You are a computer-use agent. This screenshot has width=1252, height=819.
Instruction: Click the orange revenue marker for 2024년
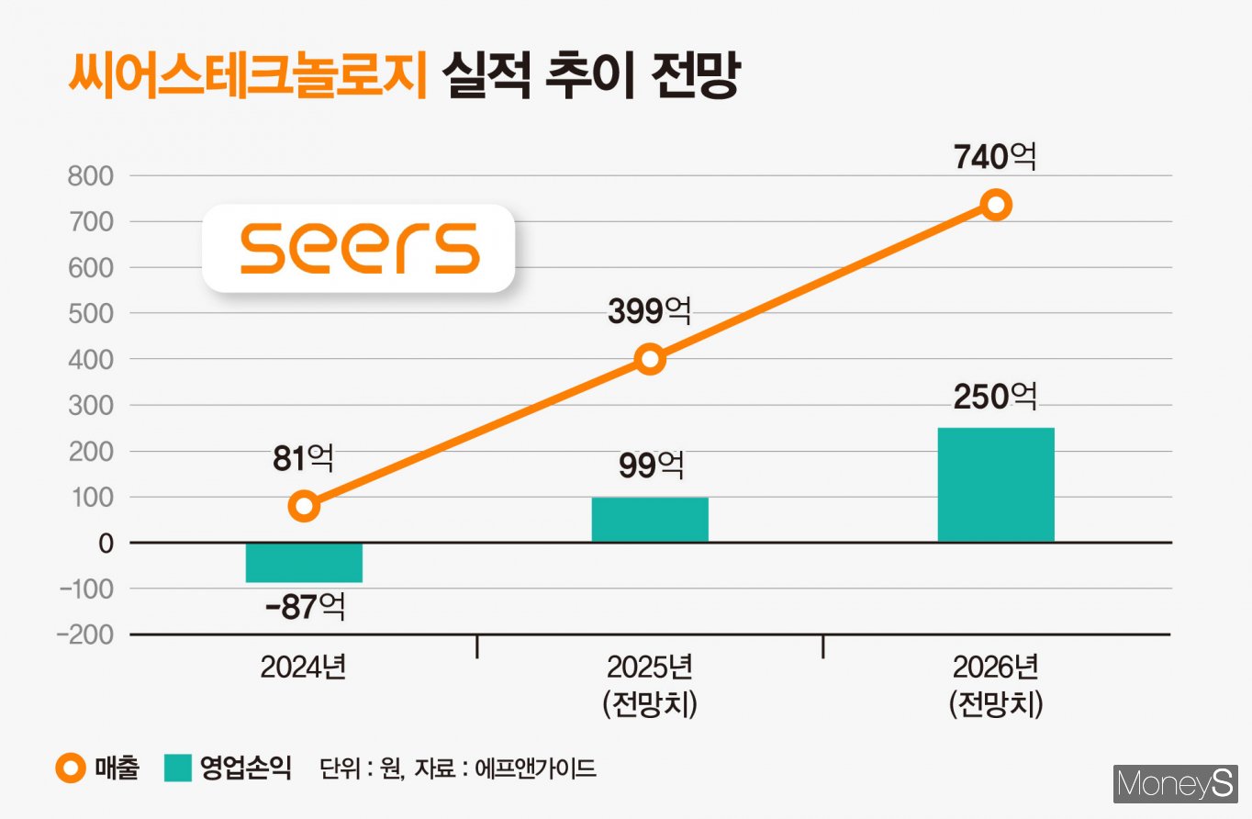pos(304,506)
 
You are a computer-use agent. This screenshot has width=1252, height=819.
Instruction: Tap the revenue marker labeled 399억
pos(650,359)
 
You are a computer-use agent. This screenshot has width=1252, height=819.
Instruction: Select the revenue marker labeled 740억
pos(996,204)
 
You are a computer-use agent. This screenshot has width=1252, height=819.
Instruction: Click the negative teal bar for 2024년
pos(304,562)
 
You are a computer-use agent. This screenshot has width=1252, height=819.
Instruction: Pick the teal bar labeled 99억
pos(650,520)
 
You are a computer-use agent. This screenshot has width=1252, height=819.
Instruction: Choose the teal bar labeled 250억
pos(996,485)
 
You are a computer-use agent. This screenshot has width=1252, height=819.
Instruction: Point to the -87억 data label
pos(305,608)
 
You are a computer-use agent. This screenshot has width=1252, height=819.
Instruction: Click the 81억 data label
pos(303,459)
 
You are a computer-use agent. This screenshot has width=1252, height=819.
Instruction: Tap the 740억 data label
pos(995,157)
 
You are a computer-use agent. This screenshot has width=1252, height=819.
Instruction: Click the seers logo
pos(359,248)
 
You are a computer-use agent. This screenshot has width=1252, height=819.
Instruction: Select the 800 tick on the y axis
pos(90,175)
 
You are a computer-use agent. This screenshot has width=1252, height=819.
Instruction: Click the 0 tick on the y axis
pos(106,543)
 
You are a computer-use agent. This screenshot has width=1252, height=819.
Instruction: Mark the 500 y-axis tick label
pos(90,313)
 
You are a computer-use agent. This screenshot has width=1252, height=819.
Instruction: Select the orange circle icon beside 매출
pos(74,769)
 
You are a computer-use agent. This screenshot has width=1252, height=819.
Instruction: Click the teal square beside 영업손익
pos(178,769)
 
